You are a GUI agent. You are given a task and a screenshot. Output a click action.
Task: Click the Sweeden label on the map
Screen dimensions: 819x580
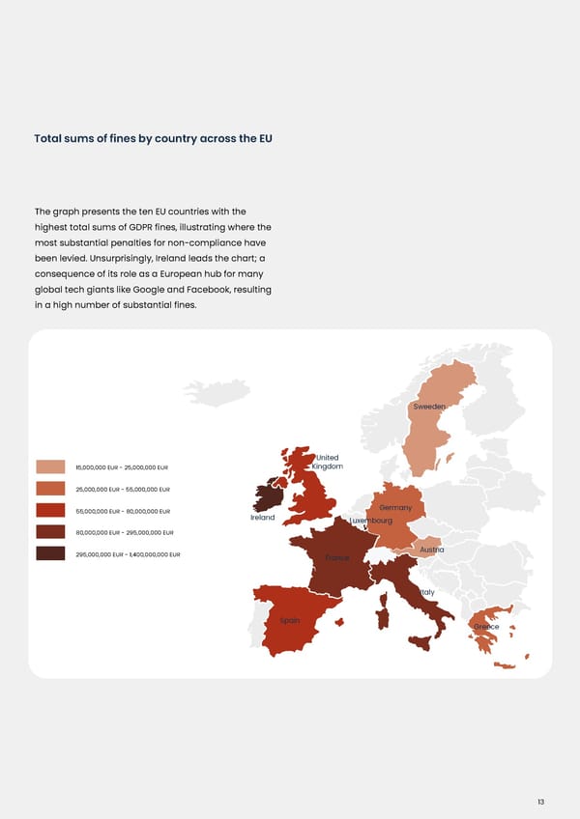[429, 407]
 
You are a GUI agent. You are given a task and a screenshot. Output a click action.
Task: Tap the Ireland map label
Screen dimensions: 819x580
[263, 518]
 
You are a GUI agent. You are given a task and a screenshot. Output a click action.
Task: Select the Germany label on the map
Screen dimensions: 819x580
[396, 508]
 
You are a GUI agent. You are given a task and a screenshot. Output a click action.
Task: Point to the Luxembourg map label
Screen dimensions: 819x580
[371, 521]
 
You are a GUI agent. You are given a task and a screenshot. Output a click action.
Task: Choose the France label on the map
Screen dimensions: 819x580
[336, 558]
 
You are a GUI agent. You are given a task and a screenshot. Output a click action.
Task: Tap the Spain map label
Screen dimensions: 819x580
[290, 620]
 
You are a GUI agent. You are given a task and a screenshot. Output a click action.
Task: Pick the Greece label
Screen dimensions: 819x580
[486, 627]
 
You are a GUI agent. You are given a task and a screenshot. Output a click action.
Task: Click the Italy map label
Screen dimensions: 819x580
[426, 592]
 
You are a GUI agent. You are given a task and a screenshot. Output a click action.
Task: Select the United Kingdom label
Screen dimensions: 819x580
[327, 463]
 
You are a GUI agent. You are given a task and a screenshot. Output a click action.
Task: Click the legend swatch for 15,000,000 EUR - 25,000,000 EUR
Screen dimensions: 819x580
[50, 467]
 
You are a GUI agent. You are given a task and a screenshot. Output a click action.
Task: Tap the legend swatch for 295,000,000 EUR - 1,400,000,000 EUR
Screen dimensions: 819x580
[50, 553]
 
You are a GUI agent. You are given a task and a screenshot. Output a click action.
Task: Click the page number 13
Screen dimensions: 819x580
[540, 775]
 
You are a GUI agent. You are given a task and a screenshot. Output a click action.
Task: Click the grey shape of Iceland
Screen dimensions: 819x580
[217, 391]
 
